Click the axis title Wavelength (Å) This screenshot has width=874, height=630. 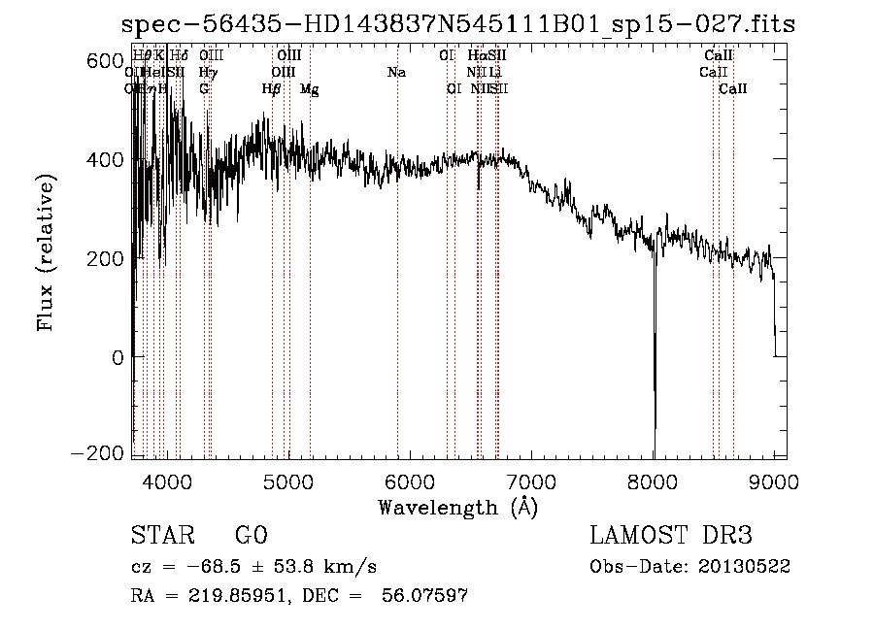(x=457, y=506)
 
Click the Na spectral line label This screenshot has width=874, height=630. (x=396, y=73)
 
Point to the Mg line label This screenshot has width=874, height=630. (x=309, y=89)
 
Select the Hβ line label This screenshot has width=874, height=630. (x=271, y=89)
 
